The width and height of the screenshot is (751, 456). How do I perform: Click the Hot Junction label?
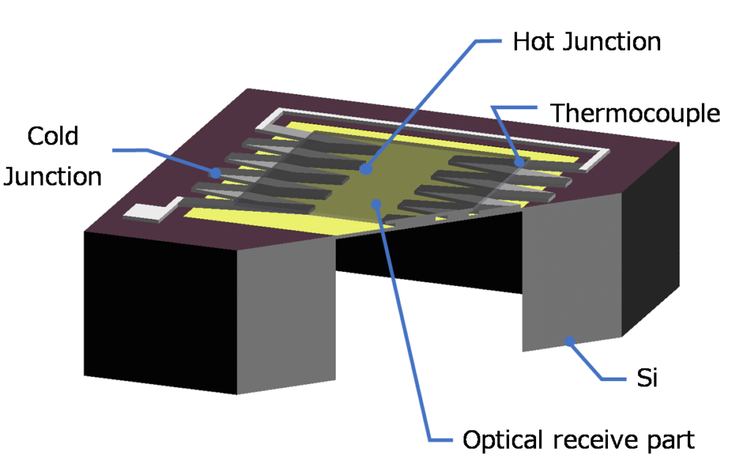click(587, 42)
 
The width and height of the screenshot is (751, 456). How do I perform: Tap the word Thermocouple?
click(635, 114)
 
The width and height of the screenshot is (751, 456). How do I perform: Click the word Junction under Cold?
click(52, 177)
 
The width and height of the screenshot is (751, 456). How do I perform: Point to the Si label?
click(645, 379)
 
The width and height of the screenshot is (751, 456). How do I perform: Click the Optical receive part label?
click(578, 440)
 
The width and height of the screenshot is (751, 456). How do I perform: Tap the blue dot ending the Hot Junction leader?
click(364, 169)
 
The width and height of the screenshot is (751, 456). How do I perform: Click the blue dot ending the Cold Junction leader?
click(216, 174)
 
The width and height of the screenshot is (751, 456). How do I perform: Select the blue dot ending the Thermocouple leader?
click(519, 161)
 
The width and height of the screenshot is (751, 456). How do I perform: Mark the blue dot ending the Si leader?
click(568, 340)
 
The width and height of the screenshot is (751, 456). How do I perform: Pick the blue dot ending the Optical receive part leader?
click(376, 204)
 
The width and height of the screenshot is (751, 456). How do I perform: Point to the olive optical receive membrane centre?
click(381, 183)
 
